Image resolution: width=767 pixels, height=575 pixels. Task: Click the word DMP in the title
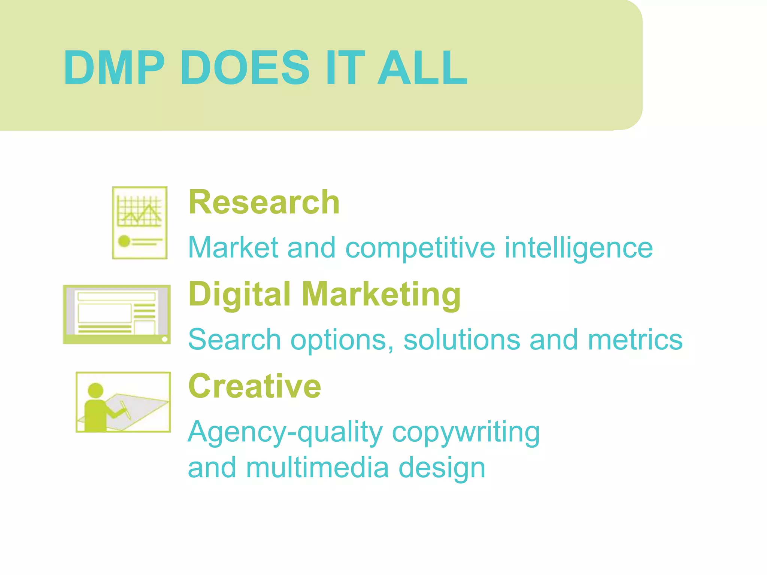[114, 68]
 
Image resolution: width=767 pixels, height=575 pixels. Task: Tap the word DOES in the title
[245, 68]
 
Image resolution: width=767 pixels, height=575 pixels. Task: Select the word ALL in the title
[422, 68]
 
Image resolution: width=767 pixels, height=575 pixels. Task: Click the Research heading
[264, 202]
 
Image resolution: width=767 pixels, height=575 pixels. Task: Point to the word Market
[233, 247]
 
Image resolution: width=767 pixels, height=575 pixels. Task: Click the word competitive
[420, 248]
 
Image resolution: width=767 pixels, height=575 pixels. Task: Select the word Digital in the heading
[240, 295]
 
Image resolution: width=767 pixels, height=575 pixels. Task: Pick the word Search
[234, 340]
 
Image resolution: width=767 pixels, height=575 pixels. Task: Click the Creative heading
[255, 386]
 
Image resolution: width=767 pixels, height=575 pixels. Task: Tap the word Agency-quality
[285, 432]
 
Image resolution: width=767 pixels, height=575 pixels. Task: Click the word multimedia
[317, 468]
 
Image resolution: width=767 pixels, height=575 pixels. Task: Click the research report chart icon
[140, 223]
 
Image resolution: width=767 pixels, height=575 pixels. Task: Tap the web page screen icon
[117, 314]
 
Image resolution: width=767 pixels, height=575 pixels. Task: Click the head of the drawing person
[95, 390]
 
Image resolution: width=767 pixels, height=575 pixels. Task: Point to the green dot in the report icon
[124, 241]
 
